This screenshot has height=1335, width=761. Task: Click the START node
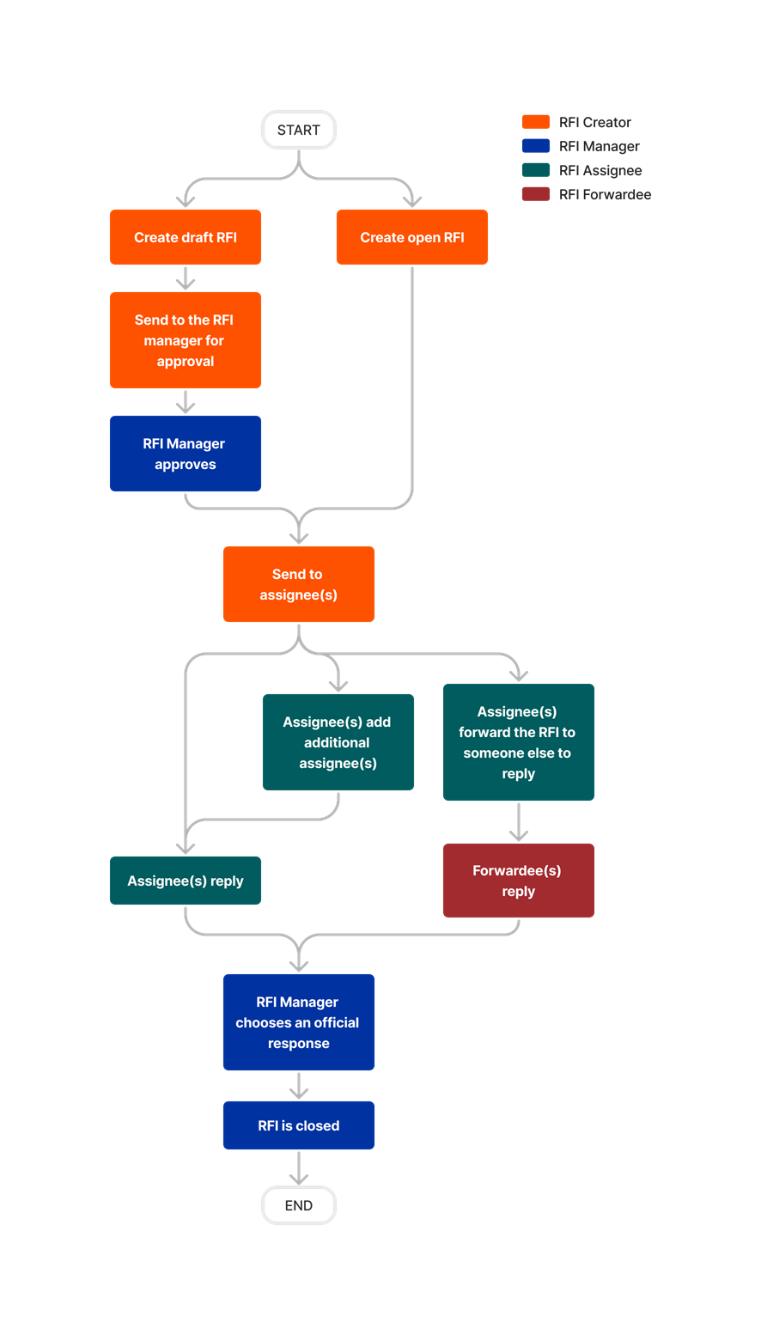click(299, 130)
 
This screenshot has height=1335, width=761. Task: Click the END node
click(299, 1205)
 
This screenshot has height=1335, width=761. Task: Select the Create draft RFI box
click(186, 237)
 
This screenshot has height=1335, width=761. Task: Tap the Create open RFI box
click(411, 237)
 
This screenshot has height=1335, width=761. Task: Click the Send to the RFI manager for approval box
click(186, 340)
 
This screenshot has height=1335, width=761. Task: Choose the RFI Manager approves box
click(186, 454)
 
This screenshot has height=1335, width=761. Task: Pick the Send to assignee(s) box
click(299, 584)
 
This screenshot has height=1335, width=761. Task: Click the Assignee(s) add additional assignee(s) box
click(338, 742)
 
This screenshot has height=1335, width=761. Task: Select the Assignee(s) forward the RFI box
click(519, 742)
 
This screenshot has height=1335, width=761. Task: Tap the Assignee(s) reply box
click(186, 881)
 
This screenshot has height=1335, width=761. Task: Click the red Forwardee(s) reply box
click(519, 881)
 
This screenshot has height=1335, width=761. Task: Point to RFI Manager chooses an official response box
click(299, 1022)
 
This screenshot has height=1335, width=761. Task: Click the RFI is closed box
click(299, 1125)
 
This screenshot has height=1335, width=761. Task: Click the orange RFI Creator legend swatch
click(536, 122)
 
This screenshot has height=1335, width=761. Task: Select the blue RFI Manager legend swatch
click(536, 146)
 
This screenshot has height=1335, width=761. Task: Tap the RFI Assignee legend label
click(600, 170)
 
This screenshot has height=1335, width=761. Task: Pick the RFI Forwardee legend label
click(605, 194)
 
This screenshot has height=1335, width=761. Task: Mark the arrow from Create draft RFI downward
click(186, 278)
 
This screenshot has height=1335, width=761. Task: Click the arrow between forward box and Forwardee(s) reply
click(519, 822)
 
